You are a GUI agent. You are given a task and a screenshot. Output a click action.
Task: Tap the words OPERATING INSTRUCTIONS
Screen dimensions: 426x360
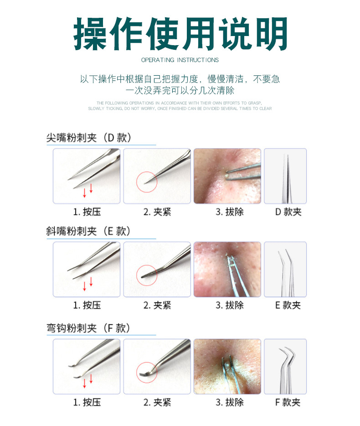[180, 60]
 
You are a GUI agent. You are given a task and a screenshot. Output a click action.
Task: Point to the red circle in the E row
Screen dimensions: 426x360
[147, 275]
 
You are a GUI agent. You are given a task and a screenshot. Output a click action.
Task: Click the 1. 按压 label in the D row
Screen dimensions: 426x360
[87, 212]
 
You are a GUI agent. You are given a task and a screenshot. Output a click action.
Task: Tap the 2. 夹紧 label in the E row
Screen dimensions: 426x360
[157, 305]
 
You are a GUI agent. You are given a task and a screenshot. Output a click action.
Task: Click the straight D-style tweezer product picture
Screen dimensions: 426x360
[285, 176]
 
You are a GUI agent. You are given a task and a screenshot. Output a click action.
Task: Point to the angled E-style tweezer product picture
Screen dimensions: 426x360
[285, 269]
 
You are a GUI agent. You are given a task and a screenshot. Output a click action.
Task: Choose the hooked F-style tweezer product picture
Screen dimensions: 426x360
[285, 366]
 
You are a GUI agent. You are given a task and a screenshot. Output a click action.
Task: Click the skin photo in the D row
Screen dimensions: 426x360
[227, 176]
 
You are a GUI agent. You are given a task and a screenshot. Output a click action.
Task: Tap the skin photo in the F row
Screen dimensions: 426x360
[227, 366]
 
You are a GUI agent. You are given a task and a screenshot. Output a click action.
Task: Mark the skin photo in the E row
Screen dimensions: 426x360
[227, 269]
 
